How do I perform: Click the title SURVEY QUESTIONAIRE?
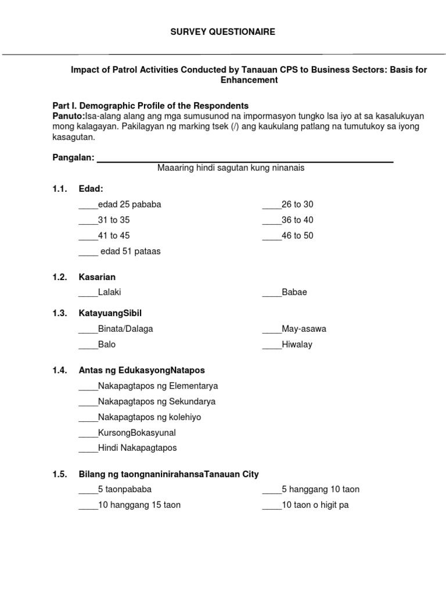[x=222, y=32]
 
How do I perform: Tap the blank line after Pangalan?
[x=244, y=159]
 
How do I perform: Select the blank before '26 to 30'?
[x=271, y=205]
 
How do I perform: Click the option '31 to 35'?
[x=114, y=220]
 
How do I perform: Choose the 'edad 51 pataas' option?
[x=130, y=252]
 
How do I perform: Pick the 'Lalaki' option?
[x=110, y=292]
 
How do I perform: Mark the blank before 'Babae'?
[x=271, y=293]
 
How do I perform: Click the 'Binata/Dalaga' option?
[x=125, y=329]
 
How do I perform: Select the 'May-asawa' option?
[x=304, y=329]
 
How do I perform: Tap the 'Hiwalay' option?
[x=297, y=345]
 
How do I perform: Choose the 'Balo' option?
[x=107, y=345]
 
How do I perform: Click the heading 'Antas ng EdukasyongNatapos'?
[x=142, y=370]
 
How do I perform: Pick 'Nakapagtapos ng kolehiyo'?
[x=150, y=417]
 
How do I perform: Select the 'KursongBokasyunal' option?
[x=136, y=433]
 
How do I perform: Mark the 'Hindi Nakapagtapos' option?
[x=137, y=448]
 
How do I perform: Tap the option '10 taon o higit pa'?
[x=315, y=505]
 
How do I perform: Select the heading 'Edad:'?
[x=91, y=189]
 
